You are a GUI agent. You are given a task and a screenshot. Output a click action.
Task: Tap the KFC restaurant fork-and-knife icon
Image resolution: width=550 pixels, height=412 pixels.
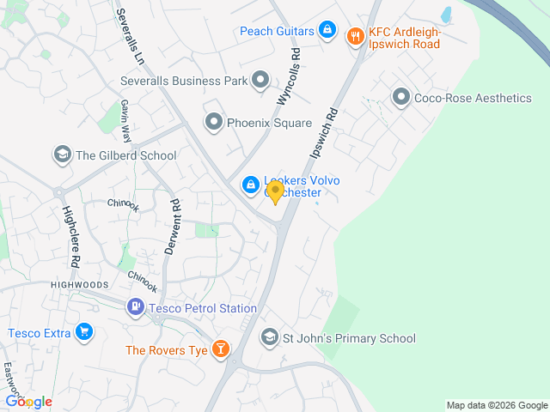click(354, 36)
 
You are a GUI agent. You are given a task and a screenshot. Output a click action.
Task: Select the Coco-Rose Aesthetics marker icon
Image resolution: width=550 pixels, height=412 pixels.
click(400, 97)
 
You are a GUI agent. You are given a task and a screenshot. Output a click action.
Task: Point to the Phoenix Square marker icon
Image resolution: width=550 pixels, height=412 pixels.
click(213, 123)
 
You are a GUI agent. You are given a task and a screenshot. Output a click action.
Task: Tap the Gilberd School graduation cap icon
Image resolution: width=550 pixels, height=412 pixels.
click(62, 155)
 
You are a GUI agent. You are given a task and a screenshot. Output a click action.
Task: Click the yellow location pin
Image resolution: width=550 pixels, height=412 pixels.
click(275, 192)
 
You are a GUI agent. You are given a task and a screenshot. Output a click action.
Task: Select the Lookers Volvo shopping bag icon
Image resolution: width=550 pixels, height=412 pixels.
click(250, 184)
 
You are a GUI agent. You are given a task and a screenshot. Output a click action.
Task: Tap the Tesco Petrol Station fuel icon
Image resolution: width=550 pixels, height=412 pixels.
click(136, 307)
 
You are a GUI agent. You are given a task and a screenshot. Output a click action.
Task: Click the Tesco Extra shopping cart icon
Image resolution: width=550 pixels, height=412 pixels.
click(83, 332)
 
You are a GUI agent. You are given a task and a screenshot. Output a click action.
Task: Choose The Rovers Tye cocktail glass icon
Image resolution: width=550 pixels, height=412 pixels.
click(222, 349)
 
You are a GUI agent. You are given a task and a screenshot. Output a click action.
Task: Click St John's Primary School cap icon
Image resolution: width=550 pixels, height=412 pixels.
click(270, 338)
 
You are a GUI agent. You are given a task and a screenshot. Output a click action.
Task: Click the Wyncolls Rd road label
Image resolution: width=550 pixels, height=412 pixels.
click(288, 76)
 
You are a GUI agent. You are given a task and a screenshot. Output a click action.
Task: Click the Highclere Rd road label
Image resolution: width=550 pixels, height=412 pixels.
click(70, 236)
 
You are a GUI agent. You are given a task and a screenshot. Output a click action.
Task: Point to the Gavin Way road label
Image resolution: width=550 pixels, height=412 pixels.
click(125, 120)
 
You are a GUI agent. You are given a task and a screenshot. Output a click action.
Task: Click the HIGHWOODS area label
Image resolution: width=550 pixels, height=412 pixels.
click(80, 284)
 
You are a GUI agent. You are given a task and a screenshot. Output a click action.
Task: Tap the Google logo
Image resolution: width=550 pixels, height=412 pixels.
click(29, 401)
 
